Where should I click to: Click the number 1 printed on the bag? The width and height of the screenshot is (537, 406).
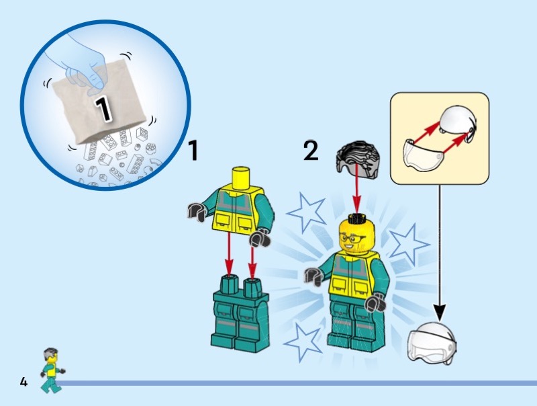pos(103,109)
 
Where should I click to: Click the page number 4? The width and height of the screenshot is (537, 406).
pos(23,382)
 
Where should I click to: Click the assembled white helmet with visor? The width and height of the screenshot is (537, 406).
pos(432,343)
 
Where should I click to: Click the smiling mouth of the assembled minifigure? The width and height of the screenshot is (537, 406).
pos(350,246)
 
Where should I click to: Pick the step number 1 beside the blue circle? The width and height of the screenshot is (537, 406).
pos(193,150)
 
